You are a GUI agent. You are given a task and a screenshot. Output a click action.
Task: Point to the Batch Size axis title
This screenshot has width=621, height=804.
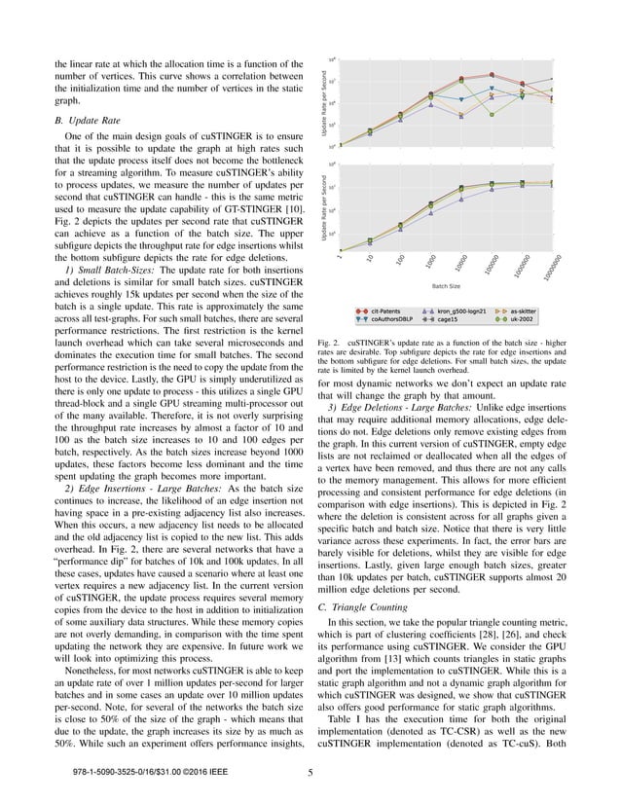pyautogui.click(x=446, y=287)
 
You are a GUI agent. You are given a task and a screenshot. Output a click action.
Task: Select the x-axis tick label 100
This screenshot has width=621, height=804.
pyautogui.click(x=401, y=258)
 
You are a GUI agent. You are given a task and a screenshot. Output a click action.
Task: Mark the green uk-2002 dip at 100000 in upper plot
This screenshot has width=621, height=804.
pyautogui.click(x=492, y=114)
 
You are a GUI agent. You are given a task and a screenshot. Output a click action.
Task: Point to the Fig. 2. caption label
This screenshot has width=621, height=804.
pyautogui.click(x=327, y=343)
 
